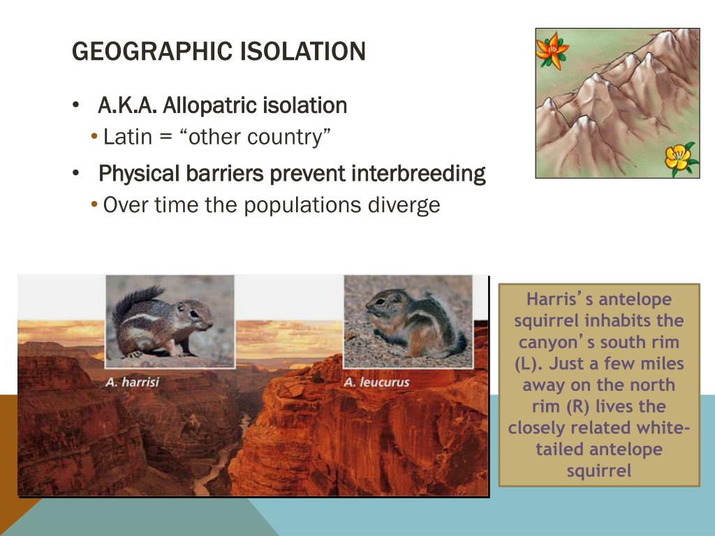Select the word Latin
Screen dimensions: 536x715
pyautogui.click(x=127, y=137)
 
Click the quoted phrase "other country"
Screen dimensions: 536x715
pyautogui.click(x=255, y=137)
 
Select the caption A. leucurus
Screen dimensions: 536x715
pyautogui.click(x=376, y=382)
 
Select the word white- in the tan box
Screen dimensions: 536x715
pyautogui.click(x=663, y=428)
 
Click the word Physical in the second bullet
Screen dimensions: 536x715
pyautogui.click(x=139, y=174)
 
